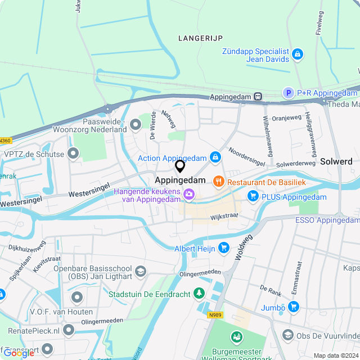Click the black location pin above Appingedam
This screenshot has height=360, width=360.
click(x=180, y=166)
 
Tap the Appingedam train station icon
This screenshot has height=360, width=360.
click(x=258, y=96)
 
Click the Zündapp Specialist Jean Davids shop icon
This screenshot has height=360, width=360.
click(x=298, y=55)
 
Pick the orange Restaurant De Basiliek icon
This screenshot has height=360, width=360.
click(x=218, y=182)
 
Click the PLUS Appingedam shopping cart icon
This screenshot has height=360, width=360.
click(x=253, y=196)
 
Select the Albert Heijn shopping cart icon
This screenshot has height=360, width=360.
click(x=224, y=247)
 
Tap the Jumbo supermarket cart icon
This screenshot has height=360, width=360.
click(x=292, y=307)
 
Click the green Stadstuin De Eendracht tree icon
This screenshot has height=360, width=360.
click(x=199, y=293)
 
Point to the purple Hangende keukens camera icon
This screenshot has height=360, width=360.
click(x=189, y=195)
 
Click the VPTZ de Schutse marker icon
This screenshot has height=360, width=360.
click(x=73, y=153)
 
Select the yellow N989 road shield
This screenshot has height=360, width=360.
click(x=215, y=315)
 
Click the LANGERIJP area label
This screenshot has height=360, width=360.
click(x=200, y=38)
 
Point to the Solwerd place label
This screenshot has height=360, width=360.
click(x=336, y=161)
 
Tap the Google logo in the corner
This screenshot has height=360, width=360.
click(x=19, y=353)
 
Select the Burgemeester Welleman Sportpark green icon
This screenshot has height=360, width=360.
click(x=237, y=337)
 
